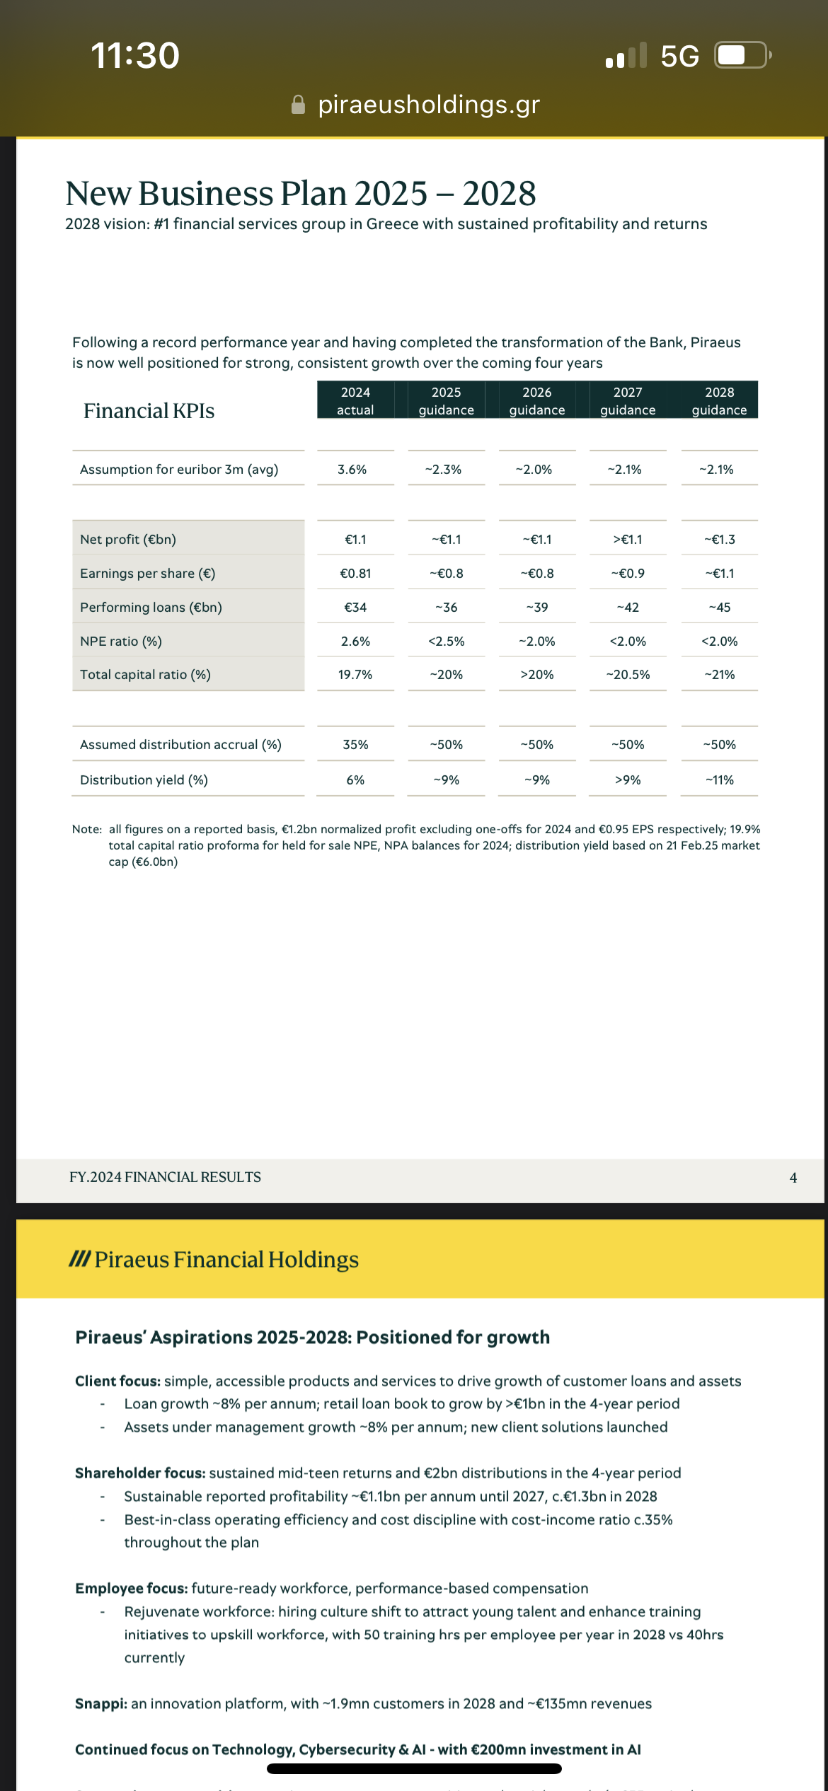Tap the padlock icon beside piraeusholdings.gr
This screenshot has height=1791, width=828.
[299, 105]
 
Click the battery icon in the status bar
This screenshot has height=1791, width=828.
[742, 55]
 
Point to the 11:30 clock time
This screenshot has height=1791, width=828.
[135, 55]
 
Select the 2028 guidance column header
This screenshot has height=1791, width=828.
[719, 400]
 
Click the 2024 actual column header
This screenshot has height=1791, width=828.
[355, 400]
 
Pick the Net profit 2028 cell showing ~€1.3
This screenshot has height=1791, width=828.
[719, 540]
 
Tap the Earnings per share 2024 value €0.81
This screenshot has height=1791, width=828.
[355, 574]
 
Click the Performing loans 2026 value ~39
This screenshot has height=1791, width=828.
[537, 608]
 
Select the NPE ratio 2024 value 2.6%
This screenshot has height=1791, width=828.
[355, 642]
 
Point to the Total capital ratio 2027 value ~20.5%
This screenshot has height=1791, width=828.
[628, 675]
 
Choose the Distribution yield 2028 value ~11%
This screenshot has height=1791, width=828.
[719, 780]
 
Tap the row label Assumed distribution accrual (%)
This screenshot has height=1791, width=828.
[180, 745]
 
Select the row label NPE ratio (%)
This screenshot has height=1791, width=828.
[121, 642]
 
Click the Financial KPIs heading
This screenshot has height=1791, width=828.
[149, 411]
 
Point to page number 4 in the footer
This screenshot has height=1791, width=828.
[793, 1178]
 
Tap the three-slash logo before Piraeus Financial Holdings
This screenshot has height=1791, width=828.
[79, 1259]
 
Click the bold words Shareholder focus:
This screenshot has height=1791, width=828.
[140, 1473]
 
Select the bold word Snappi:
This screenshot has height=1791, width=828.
[101, 1703]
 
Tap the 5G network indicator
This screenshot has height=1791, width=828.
[679, 56]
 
